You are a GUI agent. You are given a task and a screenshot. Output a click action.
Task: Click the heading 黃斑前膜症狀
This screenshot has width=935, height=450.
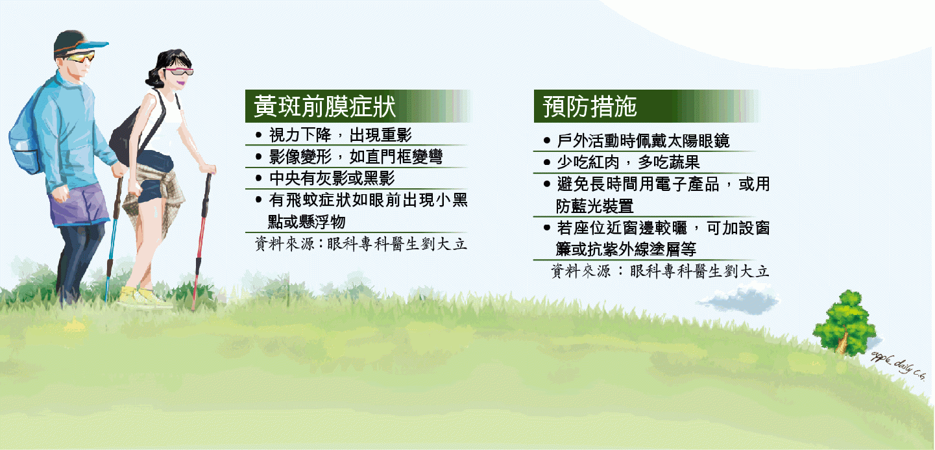pos(324,106)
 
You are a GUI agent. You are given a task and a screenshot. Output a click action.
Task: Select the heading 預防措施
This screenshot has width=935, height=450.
pos(589,106)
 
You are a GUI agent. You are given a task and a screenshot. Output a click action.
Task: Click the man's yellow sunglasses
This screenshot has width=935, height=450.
pos(80,56)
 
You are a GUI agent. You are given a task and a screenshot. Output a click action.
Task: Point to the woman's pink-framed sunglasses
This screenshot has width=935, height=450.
pos(180,71)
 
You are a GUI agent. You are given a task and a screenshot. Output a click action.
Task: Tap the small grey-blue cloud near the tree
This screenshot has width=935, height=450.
pos(740,300)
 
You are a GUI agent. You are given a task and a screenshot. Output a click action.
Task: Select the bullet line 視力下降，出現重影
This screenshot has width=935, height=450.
pos(340,135)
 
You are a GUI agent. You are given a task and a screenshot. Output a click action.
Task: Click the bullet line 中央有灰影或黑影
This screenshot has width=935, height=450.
pos(332,179)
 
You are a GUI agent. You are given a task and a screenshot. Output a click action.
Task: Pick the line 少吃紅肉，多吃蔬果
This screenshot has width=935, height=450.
pos(628,162)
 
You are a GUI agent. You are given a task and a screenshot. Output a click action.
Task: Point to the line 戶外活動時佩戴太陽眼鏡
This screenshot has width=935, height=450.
pos(643,141)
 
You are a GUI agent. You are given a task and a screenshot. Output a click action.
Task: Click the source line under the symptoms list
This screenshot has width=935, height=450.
pos(361,244)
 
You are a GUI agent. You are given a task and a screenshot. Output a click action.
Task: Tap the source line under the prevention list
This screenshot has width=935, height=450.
pos(660,271)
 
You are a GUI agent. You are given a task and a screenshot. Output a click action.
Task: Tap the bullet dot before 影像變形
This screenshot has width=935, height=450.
pos(258,156)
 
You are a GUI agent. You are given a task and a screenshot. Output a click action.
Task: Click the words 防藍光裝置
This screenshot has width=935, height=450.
pos(594,206)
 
